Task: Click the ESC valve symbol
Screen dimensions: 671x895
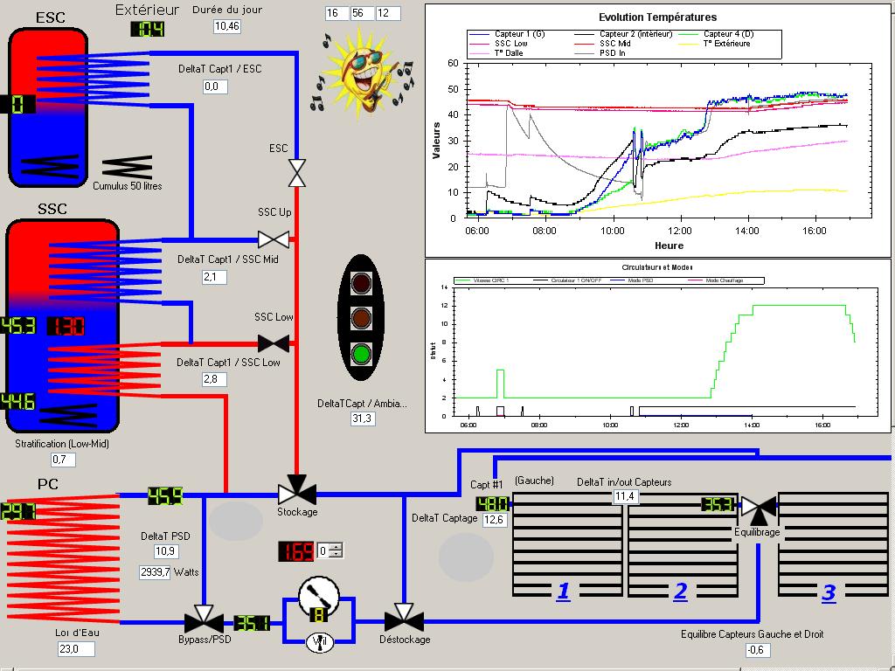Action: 297,173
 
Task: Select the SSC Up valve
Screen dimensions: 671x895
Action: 274,239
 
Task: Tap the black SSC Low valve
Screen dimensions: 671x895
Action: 274,343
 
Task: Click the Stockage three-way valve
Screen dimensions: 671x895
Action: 297,492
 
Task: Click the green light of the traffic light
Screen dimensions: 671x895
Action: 361,354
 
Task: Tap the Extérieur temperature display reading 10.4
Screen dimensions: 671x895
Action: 148,29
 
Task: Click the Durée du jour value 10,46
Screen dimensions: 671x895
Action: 227,26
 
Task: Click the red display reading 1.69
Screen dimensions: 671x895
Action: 296,551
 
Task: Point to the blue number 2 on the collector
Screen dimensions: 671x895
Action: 680,591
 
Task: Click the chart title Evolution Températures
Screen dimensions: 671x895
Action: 657,17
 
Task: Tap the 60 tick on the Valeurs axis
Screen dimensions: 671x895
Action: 452,63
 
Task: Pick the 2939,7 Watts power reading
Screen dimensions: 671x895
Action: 169,572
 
